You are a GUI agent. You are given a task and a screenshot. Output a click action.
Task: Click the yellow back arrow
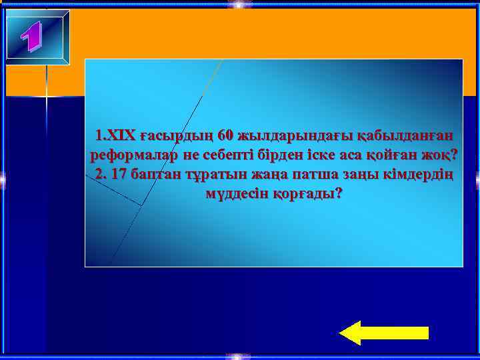click(383, 332)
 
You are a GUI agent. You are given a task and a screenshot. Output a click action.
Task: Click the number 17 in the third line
click(119, 175)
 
